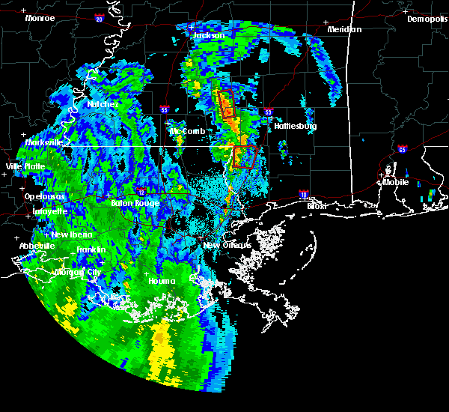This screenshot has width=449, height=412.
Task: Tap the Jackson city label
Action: [209, 35]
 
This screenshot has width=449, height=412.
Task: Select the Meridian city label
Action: [344, 29]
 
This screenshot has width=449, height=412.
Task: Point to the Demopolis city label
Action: [427, 19]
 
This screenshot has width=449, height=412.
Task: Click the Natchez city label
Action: [101, 104]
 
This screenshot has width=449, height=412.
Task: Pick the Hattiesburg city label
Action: [294, 126]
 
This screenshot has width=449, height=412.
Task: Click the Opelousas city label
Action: [45, 196]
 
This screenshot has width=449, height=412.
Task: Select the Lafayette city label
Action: [47, 211]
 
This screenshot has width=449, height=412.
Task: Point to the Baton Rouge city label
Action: [135, 203]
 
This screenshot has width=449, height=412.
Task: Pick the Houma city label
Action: [161, 281]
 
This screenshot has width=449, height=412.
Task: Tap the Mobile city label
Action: [397, 181]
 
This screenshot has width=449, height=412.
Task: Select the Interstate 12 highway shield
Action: [141, 192]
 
